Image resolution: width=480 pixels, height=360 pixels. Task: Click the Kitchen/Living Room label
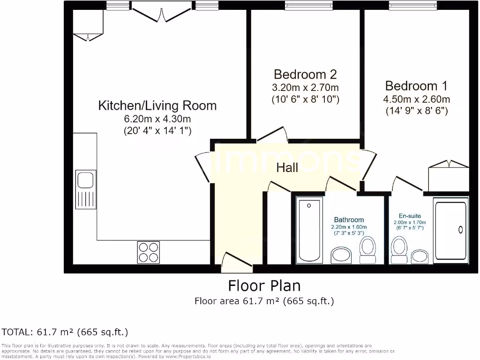pyautogui.click(x=157, y=105)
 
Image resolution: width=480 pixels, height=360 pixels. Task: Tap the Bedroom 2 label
pyautogui.click(x=305, y=75)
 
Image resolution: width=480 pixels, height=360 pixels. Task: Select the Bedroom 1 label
pyautogui.click(x=416, y=86)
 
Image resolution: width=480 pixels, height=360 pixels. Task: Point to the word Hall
pyautogui.click(x=287, y=168)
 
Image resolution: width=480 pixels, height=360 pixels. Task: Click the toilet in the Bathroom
pyautogui.click(x=368, y=250)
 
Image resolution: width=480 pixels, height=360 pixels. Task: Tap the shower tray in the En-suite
pyautogui.click(x=451, y=229)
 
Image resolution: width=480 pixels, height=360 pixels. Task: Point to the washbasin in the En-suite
pyautogui.click(x=420, y=256)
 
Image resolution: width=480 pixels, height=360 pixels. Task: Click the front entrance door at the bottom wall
pyautogui.click(x=237, y=262)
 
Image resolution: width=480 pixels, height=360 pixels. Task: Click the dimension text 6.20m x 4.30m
pyautogui.click(x=157, y=119)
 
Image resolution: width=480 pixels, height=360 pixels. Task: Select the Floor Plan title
pyautogui.click(x=264, y=285)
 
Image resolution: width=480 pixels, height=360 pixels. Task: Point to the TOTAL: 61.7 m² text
pyautogui.click(x=65, y=332)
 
